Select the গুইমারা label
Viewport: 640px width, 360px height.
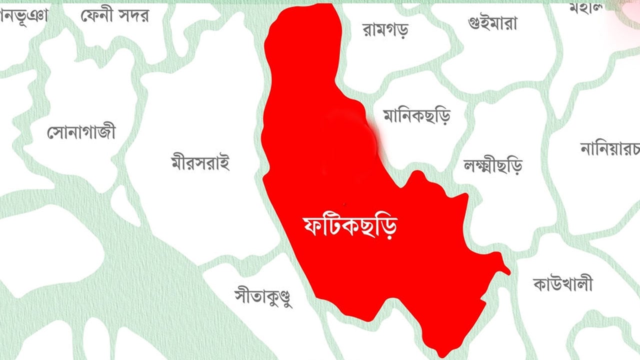492,23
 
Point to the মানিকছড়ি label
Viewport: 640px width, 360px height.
416,116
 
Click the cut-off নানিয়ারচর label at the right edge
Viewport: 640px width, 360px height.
610,148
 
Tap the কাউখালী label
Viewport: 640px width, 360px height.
563,284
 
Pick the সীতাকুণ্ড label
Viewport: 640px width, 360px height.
263,296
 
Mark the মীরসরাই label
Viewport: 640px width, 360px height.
200,162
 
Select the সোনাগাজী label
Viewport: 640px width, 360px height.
81,132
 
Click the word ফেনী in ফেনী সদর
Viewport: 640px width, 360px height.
97,16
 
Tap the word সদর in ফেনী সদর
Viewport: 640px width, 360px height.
133,16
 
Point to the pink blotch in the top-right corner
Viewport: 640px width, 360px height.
627,12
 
